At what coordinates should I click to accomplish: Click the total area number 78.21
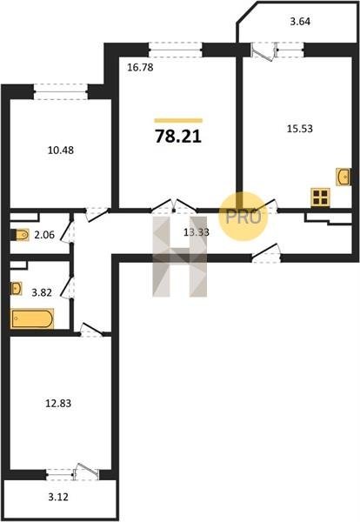click(x=178, y=137)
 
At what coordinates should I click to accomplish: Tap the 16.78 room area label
click(x=140, y=68)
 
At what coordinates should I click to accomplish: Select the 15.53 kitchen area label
click(x=300, y=129)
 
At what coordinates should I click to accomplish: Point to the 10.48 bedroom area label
click(x=61, y=151)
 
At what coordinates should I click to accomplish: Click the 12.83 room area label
click(x=58, y=404)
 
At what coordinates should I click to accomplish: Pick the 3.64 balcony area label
click(x=300, y=21)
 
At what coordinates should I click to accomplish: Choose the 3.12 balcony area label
click(x=58, y=498)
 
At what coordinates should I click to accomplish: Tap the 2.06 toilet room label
click(x=44, y=235)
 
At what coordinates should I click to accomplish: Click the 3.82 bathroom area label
click(x=42, y=293)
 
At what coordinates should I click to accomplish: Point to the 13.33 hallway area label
click(x=197, y=232)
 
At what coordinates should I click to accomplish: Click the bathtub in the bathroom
click(x=32, y=319)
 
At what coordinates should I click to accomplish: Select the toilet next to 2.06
click(x=20, y=235)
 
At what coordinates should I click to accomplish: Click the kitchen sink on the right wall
click(x=343, y=177)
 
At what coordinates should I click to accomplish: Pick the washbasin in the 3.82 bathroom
click(x=16, y=288)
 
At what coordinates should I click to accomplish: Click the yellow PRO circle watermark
click(x=243, y=217)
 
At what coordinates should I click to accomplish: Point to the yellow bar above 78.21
click(x=178, y=121)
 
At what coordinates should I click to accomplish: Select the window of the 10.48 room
click(x=61, y=91)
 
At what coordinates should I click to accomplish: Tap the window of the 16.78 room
click(x=176, y=50)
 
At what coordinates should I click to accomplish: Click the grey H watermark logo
click(x=180, y=257)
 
